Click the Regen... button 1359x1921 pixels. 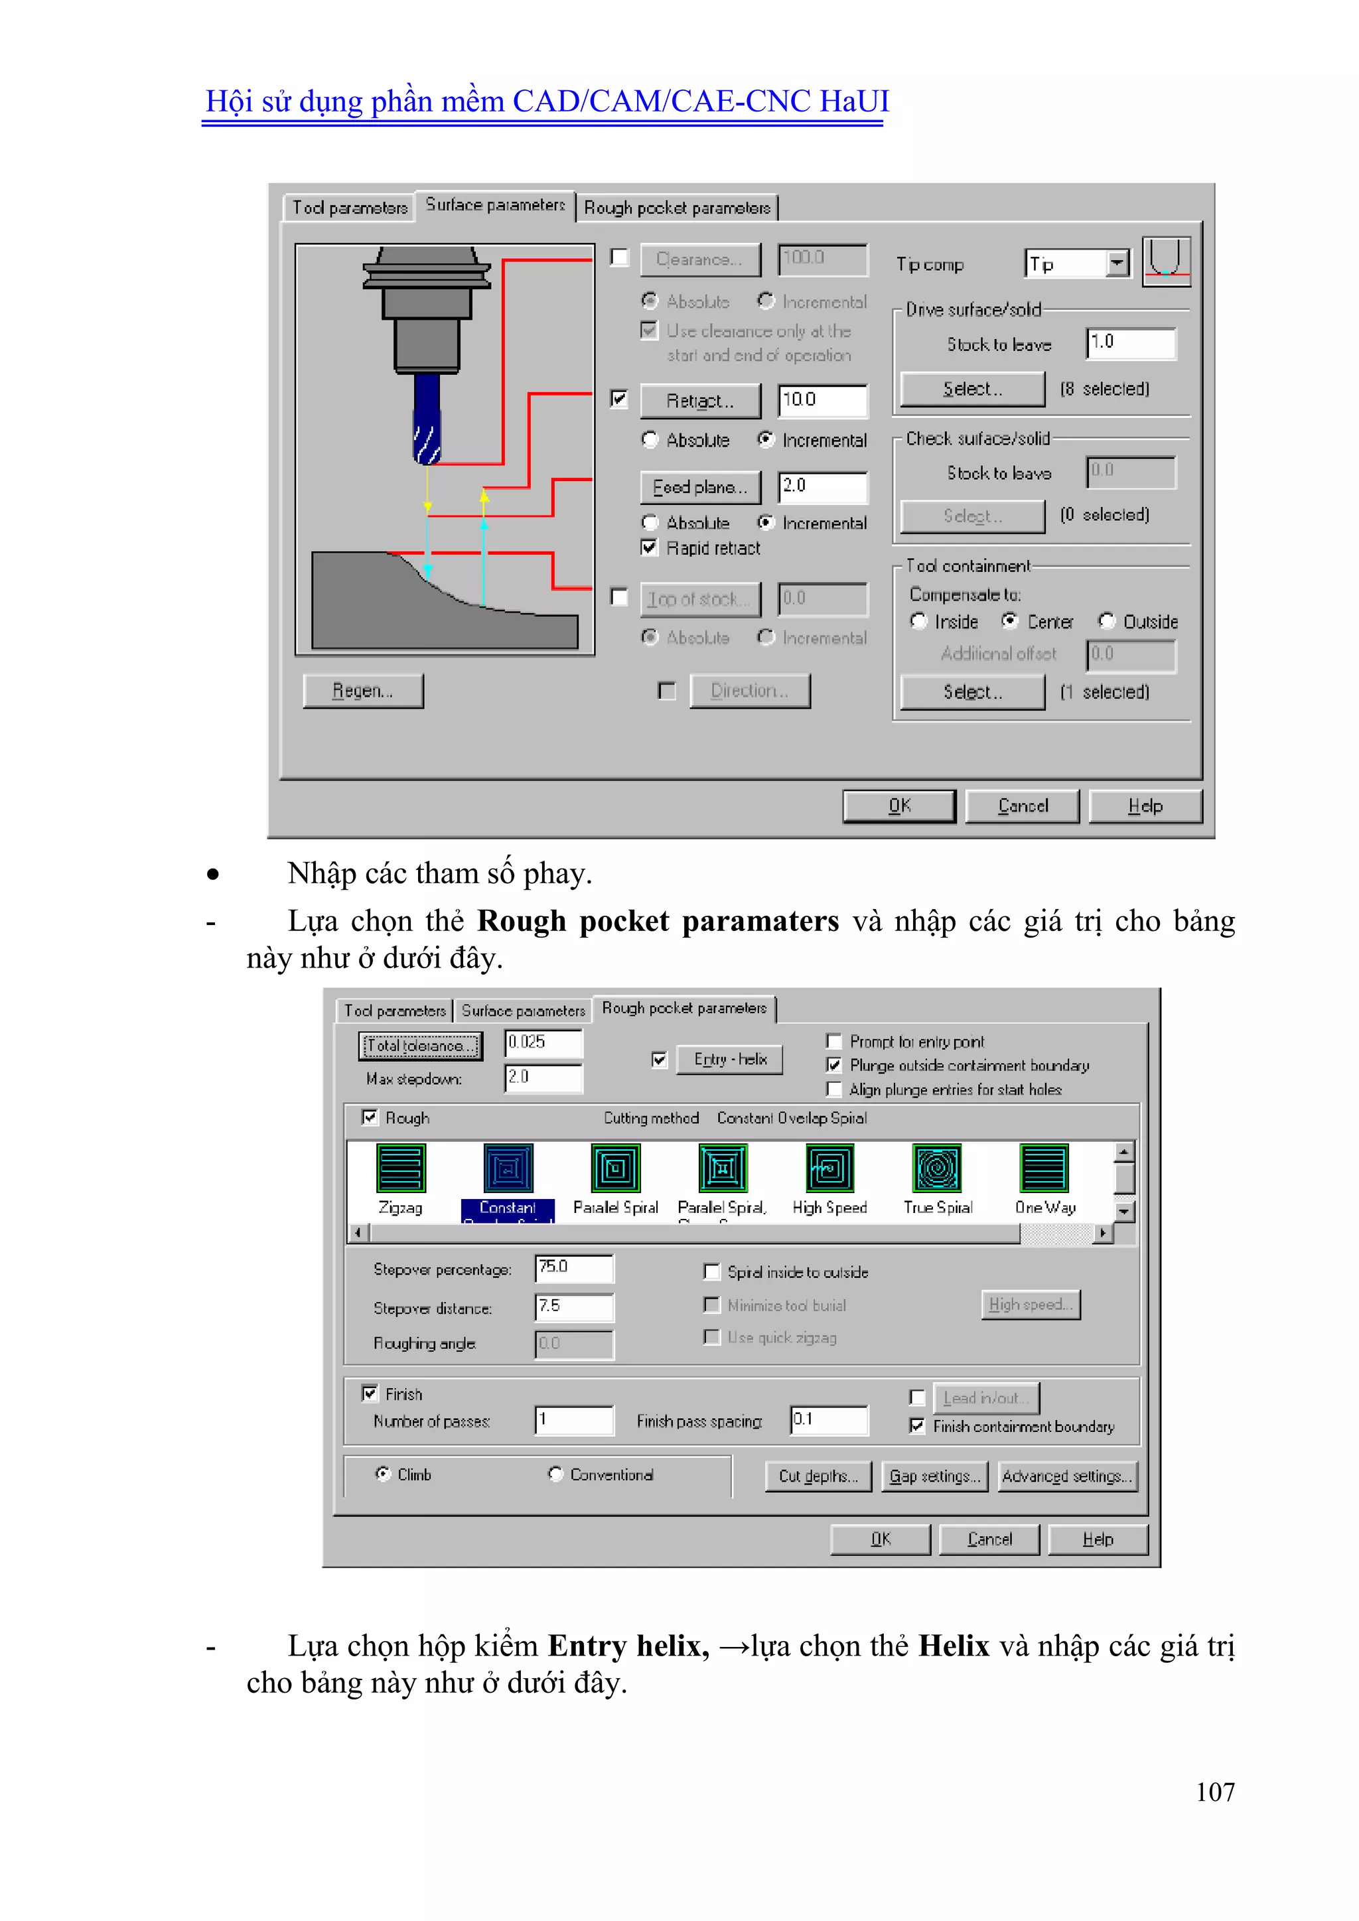(362, 691)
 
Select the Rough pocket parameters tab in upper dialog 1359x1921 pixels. (677, 208)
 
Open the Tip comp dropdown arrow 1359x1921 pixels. (1117, 263)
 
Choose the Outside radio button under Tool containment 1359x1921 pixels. (1107, 621)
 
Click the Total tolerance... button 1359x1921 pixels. (420, 1045)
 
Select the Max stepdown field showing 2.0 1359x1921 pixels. (542, 1078)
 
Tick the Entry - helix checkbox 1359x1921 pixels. (660, 1060)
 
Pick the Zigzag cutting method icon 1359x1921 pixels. (401, 1169)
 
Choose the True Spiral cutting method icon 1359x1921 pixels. (937, 1169)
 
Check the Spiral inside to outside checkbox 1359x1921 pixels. (712, 1272)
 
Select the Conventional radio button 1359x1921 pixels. (555, 1474)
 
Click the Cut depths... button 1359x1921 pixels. (818, 1476)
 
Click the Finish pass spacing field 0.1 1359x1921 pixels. (827, 1420)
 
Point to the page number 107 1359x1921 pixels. (1214, 1792)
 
